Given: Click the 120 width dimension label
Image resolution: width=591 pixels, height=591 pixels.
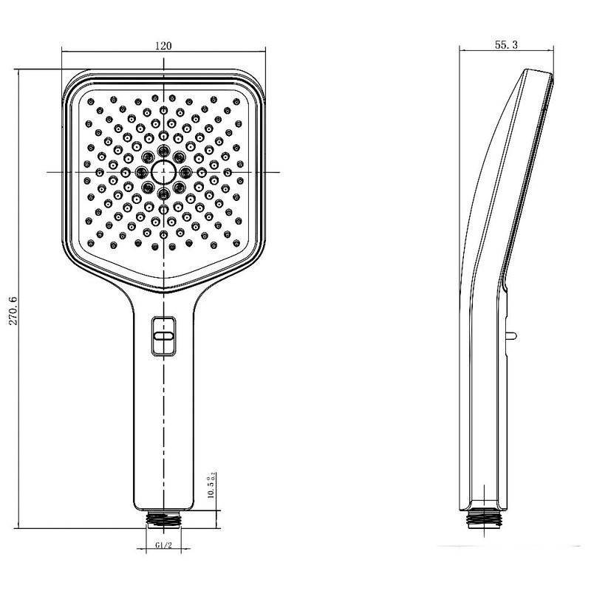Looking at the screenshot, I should [163, 45].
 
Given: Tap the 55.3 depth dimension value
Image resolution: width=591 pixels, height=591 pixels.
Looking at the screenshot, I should [505, 45].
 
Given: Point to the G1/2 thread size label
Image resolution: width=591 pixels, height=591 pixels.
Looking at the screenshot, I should [163, 547].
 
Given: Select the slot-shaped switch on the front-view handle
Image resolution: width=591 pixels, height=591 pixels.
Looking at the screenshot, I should [163, 335].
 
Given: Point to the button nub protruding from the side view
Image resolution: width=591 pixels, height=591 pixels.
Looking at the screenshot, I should [510, 337].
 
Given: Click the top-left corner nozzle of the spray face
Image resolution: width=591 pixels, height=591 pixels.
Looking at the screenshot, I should [89, 100].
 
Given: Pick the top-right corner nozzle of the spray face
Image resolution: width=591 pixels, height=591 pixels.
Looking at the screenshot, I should [236, 100].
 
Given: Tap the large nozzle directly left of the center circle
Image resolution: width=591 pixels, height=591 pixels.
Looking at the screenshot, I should [140, 172].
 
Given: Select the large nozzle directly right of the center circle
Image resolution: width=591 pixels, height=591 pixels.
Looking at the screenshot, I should [185, 172].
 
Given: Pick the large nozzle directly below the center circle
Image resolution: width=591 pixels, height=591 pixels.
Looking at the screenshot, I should [163, 194].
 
